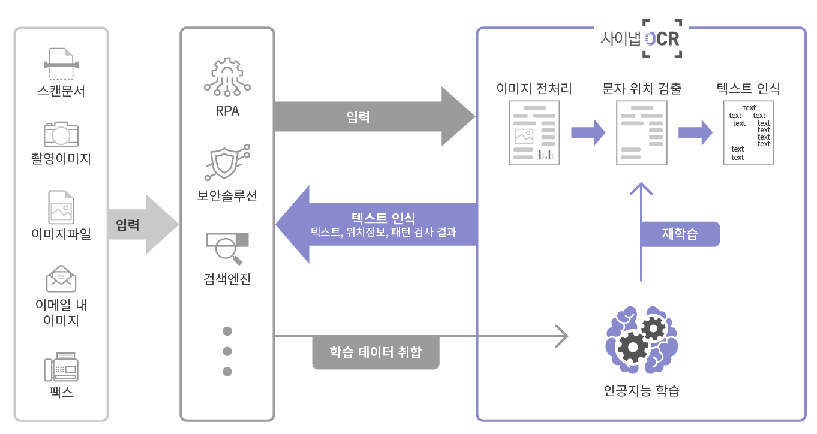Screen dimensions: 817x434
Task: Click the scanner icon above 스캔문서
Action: pos(61,64)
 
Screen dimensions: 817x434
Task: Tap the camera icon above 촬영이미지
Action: pos(61,134)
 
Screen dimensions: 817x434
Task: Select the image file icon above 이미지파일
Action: pos(61,207)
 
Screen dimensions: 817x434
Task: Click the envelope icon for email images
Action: pos(61,278)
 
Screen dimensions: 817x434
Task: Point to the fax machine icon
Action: pos(61,367)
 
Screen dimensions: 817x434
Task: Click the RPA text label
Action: pos(227,111)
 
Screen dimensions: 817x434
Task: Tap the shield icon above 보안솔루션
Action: pos(227,162)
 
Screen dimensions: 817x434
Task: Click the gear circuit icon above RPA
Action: pos(227,77)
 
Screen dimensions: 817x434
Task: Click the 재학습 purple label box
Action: pos(680,234)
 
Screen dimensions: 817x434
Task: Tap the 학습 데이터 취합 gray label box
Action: pos(376,352)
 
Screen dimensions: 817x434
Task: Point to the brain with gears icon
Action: pos(642,340)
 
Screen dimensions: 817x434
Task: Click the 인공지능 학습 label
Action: pos(642,391)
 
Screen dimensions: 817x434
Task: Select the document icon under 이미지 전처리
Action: pos(534,133)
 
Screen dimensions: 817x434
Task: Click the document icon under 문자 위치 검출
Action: pos(642,133)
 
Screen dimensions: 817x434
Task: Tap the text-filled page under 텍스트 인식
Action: pos(749,133)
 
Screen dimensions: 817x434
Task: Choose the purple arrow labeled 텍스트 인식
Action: pos(376,224)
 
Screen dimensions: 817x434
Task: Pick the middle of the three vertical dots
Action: pos(227,351)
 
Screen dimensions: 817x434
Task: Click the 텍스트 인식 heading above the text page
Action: pos(749,88)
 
